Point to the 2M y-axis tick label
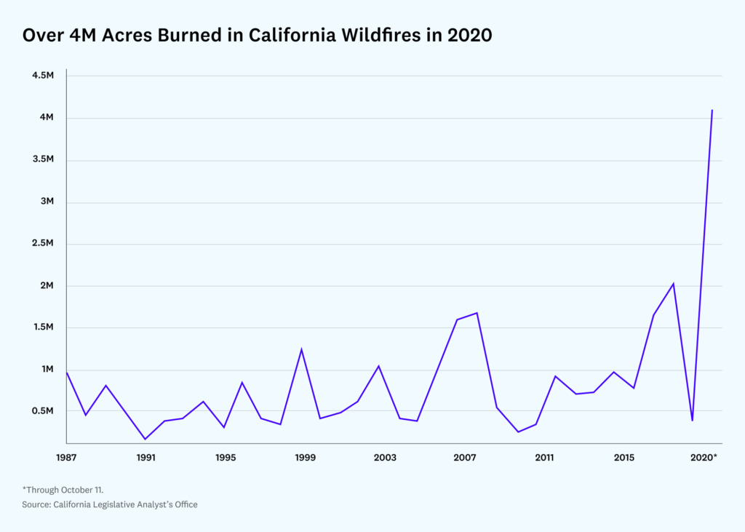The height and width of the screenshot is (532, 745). point(45,286)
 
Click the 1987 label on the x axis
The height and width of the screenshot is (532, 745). point(66,458)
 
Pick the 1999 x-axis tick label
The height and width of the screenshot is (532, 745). point(306,458)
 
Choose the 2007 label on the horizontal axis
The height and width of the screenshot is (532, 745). point(464,458)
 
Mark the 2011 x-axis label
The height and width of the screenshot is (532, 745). point(544,458)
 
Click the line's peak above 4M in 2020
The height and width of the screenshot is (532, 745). point(712,110)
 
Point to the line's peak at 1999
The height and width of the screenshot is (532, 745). point(301,349)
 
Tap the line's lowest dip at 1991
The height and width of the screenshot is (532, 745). point(146,439)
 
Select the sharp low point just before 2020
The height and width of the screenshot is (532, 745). point(692,420)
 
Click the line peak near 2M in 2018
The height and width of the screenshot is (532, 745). point(673,283)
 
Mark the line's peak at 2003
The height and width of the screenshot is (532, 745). point(378,365)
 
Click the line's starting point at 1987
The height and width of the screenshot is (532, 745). point(67,373)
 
